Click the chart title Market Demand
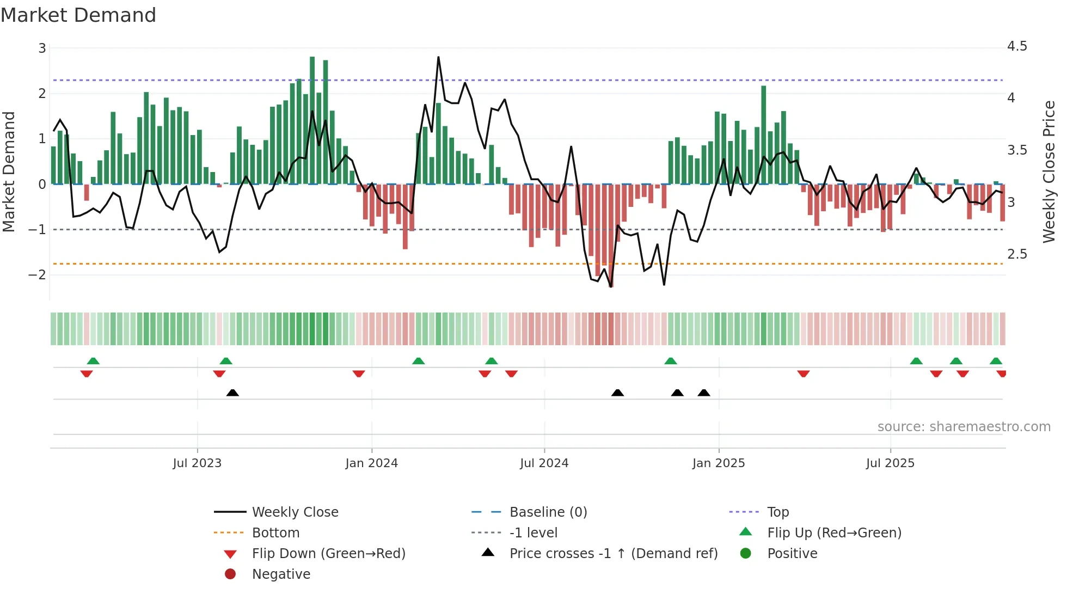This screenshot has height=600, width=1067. click(x=78, y=15)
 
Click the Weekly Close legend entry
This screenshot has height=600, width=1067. click(x=295, y=512)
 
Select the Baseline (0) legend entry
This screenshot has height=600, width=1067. click(x=548, y=512)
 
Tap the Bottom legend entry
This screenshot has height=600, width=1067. click(x=275, y=533)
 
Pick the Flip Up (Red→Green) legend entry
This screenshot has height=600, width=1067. click(x=834, y=533)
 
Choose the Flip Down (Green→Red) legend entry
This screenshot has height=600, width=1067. click(x=328, y=554)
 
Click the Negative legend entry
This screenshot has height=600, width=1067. click(x=281, y=574)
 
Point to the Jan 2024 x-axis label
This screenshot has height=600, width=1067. click(x=372, y=463)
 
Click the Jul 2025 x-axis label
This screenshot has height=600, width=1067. click(x=890, y=463)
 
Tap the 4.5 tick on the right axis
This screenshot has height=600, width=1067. click(x=1016, y=46)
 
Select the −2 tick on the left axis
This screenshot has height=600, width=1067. click(x=38, y=275)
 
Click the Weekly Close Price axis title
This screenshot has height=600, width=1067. click(x=1048, y=172)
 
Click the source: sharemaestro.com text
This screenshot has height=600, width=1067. click(x=964, y=427)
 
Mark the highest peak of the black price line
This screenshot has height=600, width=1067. click(x=438, y=57)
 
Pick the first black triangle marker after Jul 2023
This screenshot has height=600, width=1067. click(x=232, y=393)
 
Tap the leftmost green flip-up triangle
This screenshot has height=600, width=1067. click(x=93, y=361)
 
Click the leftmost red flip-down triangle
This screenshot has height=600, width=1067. click(x=87, y=374)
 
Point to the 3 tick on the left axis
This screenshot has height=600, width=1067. click(x=42, y=48)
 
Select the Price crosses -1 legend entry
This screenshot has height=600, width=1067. click(x=613, y=554)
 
